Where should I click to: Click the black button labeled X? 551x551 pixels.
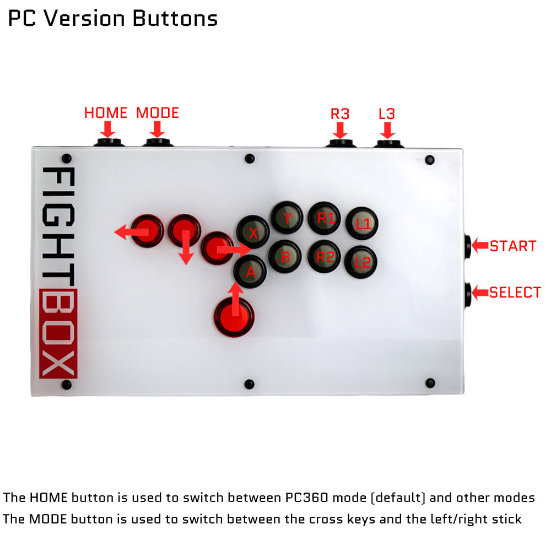click(x=253, y=231)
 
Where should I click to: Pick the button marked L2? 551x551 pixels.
click(x=361, y=262)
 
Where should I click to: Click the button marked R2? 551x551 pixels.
click(x=325, y=256)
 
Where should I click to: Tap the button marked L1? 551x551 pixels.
click(x=361, y=223)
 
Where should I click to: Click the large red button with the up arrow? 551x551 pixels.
click(x=236, y=316)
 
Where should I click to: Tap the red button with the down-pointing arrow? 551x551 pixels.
click(x=184, y=230)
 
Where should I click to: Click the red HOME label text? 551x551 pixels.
click(x=106, y=113)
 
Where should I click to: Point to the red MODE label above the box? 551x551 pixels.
click(x=158, y=113)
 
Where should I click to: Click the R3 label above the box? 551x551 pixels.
click(x=340, y=114)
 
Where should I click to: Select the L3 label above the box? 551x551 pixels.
click(x=387, y=114)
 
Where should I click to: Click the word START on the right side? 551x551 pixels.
click(x=513, y=246)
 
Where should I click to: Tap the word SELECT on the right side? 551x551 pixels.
click(x=515, y=293)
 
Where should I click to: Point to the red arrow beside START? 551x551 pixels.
click(x=480, y=245)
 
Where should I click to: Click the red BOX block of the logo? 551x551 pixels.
click(x=59, y=333)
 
